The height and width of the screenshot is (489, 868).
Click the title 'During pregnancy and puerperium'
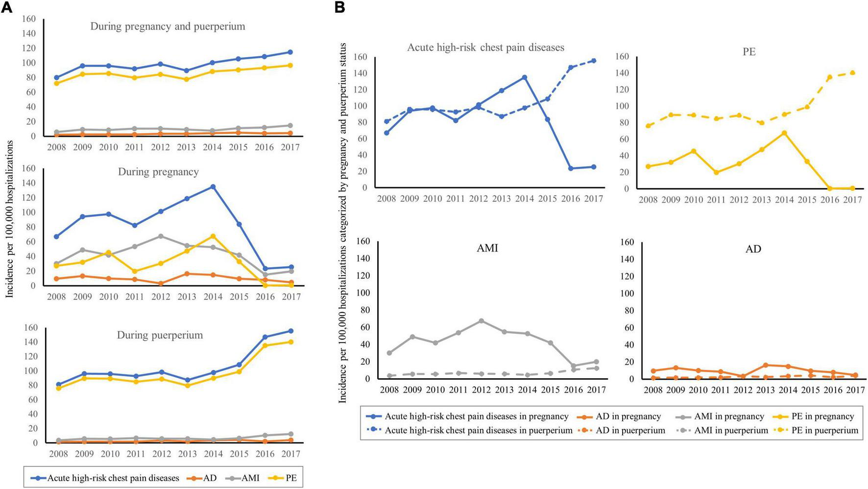pyautogui.click(x=168, y=26)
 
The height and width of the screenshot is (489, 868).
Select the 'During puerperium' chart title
pyautogui.click(x=160, y=335)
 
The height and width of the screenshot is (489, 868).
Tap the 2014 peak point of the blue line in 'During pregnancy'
pyautogui.click(x=213, y=186)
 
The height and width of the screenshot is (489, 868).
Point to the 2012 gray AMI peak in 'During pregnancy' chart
pyautogui.click(x=161, y=236)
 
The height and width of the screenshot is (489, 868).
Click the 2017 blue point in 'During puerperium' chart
pyautogui.click(x=291, y=331)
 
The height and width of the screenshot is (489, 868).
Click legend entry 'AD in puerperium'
pyautogui.click(x=630, y=430)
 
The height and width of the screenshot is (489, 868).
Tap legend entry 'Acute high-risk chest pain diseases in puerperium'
pyautogui.click(x=478, y=430)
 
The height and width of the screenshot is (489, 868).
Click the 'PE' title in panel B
pyautogui.click(x=749, y=52)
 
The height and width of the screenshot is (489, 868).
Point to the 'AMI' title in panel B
pyautogui.click(x=487, y=248)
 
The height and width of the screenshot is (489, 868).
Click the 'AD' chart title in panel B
pyautogui.click(x=753, y=249)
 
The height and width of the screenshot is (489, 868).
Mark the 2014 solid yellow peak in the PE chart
pyautogui.click(x=784, y=133)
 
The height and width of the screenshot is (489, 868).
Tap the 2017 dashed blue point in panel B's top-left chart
pyautogui.click(x=594, y=61)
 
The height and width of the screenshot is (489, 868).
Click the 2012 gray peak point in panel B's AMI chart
pyautogui.click(x=482, y=321)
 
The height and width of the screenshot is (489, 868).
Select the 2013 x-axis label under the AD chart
pyautogui.click(x=765, y=390)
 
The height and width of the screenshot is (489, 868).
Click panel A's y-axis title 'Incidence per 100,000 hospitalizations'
pyautogui.click(x=9, y=219)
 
